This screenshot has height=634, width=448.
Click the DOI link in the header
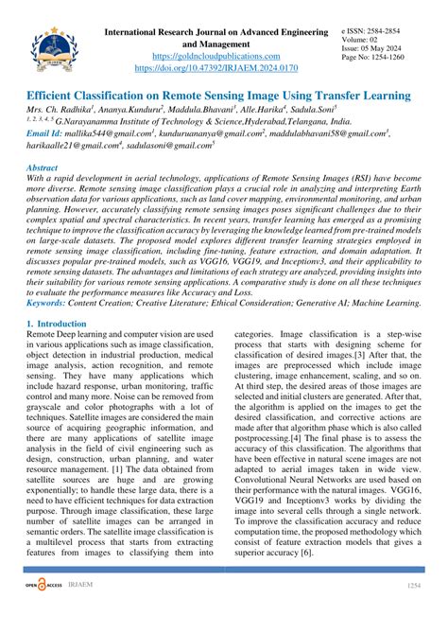tap(223, 69)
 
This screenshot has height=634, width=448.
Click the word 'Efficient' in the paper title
tap(55, 96)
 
